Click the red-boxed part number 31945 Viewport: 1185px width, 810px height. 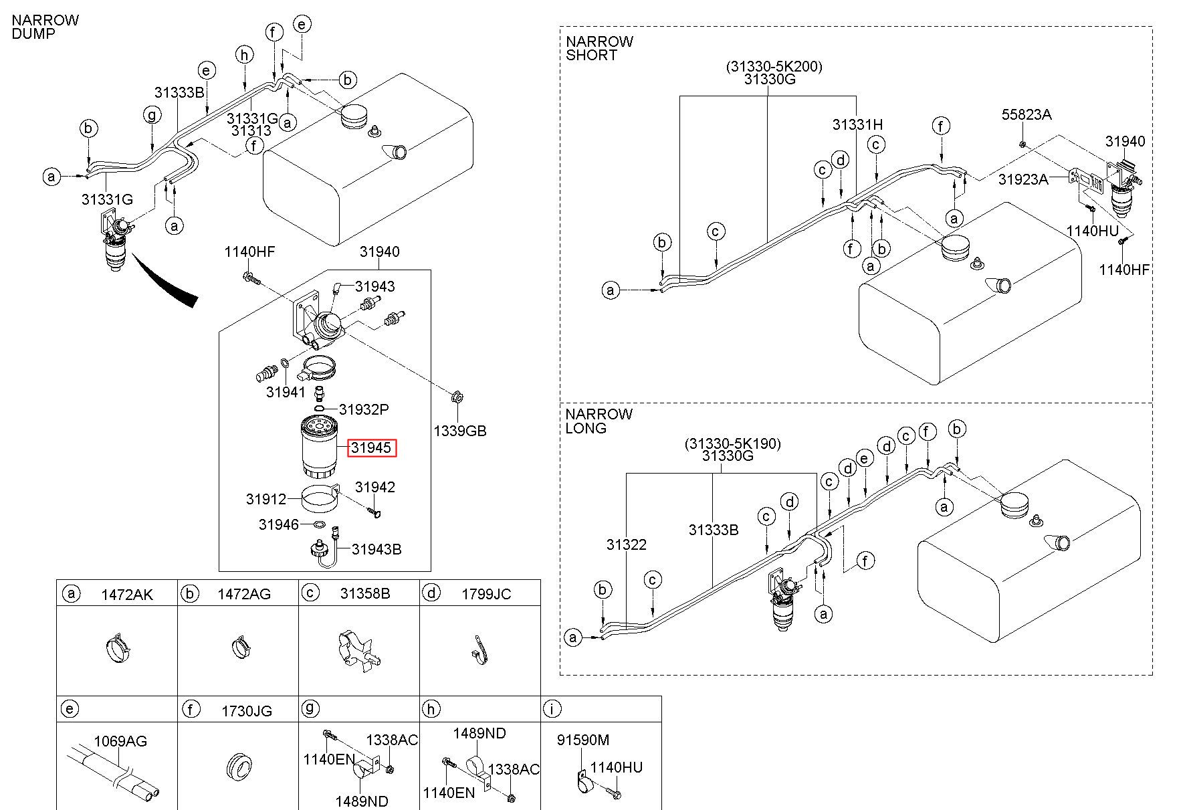coord(371,447)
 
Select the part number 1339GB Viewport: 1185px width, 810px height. coord(459,431)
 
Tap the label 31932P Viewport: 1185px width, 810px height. coord(364,409)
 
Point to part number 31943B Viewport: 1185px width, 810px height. coord(376,549)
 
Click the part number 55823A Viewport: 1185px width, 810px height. coord(1026,114)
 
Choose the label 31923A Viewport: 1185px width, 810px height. coord(1023,179)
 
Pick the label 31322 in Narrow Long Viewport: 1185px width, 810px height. coord(626,544)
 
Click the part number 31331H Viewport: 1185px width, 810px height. coord(857,124)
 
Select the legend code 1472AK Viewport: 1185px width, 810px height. coord(126,594)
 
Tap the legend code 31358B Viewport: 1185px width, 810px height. coord(364,594)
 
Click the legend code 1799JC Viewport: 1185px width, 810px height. coord(486,594)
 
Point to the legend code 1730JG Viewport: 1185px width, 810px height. coord(247,710)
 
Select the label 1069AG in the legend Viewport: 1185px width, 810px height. coord(120,740)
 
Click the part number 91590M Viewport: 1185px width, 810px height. coord(583,740)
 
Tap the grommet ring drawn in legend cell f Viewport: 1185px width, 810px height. coord(237,767)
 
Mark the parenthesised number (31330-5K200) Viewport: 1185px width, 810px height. coord(774,66)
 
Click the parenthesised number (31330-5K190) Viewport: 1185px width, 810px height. coord(732,443)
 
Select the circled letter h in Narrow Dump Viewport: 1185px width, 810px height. coord(245,55)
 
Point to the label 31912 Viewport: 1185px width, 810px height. coord(265,499)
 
